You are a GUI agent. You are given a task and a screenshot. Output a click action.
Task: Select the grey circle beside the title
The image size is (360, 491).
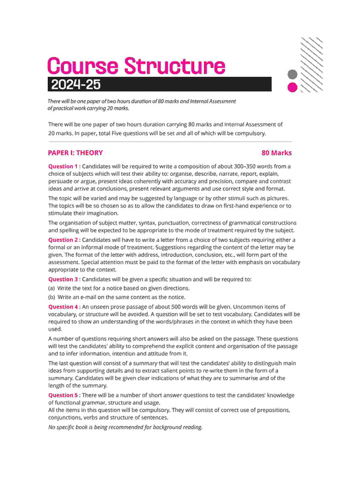tap(293, 75)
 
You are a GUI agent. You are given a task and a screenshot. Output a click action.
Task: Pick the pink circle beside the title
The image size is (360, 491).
tap(293, 87)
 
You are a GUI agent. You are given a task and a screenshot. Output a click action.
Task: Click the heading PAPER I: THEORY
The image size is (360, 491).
tap(75, 153)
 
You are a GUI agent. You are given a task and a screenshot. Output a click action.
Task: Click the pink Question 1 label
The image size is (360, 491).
tap(63, 166)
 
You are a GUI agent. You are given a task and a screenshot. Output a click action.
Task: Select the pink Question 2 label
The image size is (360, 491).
tap(63, 239)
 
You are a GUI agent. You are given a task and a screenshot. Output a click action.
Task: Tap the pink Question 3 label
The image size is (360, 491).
tap(63, 279)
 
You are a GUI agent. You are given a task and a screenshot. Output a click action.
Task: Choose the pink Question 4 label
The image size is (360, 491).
tap(63, 307)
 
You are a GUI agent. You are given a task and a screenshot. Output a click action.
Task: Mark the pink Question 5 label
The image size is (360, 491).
tap(63, 395)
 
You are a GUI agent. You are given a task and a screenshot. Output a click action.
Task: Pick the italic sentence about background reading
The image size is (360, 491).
tap(125, 427)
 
